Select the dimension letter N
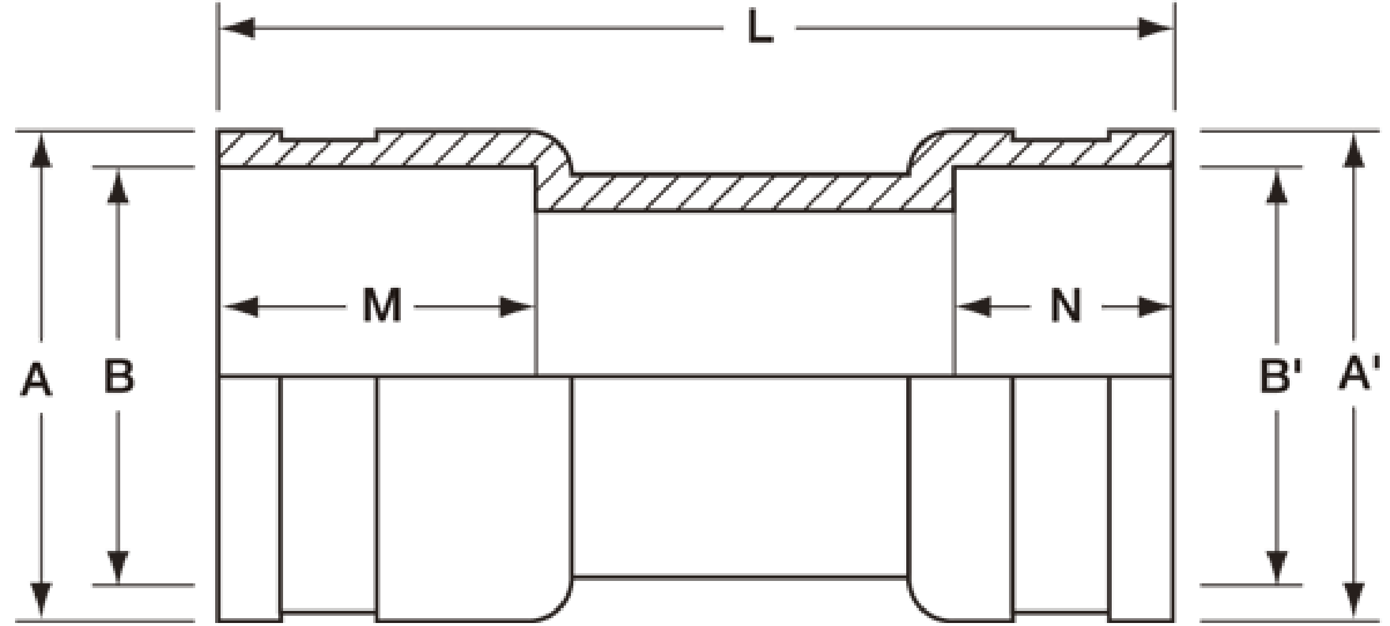(x=1065, y=306)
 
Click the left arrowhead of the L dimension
(x=238, y=28)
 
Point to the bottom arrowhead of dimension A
(x=40, y=601)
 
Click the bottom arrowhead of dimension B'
(x=1277, y=567)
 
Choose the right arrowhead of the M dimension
(x=517, y=307)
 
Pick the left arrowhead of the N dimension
(x=974, y=307)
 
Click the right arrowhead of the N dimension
(x=1155, y=307)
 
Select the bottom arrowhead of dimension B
(x=118, y=567)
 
